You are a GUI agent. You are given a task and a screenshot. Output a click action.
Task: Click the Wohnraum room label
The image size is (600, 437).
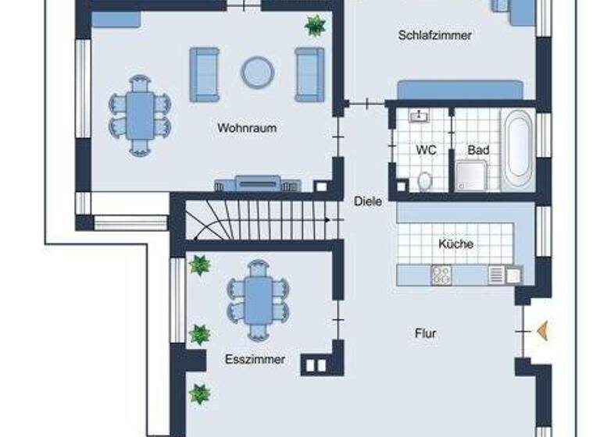point(247,128)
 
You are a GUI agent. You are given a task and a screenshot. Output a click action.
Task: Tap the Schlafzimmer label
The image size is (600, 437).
point(435,35)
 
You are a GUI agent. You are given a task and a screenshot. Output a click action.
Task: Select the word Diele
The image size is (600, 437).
point(368,201)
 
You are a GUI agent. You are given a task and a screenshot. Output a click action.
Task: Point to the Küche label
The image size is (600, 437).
point(455,243)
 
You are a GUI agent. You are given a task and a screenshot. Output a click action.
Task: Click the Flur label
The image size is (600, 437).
point(426,333)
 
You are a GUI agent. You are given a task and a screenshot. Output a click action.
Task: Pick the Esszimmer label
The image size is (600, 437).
point(255,360)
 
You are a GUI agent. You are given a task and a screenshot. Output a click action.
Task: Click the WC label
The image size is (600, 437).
point(425,149)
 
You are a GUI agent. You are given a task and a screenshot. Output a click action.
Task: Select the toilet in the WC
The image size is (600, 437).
point(425,180)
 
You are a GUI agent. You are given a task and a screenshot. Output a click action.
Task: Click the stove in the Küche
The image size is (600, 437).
point(441,275)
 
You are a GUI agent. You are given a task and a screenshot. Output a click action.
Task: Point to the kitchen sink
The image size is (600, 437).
point(497,275)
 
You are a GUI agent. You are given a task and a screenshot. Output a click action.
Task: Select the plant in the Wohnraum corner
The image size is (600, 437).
point(315,26)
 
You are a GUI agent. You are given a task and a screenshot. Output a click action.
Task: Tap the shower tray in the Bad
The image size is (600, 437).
point(473,176)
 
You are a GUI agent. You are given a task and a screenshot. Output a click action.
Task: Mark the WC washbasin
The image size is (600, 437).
point(420,117)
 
